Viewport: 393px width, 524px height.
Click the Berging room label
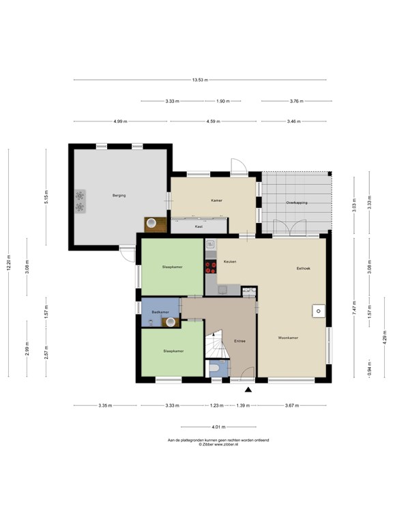click(x=119, y=196)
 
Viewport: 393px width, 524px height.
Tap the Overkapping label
click(x=297, y=203)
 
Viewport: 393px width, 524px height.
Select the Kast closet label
click(x=199, y=227)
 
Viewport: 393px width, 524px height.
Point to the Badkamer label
click(x=160, y=312)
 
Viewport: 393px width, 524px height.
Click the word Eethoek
click(x=304, y=268)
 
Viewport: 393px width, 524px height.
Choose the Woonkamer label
click(x=288, y=338)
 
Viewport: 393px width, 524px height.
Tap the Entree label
click(x=240, y=341)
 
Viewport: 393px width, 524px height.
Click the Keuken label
click(x=230, y=262)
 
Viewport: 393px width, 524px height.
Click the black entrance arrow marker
click(x=248, y=390)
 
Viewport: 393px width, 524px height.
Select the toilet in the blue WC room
click(x=214, y=368)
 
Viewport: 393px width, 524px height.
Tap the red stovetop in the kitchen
click(x=211, y=267)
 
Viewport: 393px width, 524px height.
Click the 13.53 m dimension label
click(x=200, y=80)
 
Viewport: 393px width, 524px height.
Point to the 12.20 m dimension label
click(x=9, y=263)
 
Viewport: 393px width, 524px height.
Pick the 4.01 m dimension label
click(x=218, y=426)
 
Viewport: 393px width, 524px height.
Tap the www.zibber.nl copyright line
click(x=218, y=444)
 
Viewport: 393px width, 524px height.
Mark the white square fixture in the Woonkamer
click(x=319, y=311)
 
